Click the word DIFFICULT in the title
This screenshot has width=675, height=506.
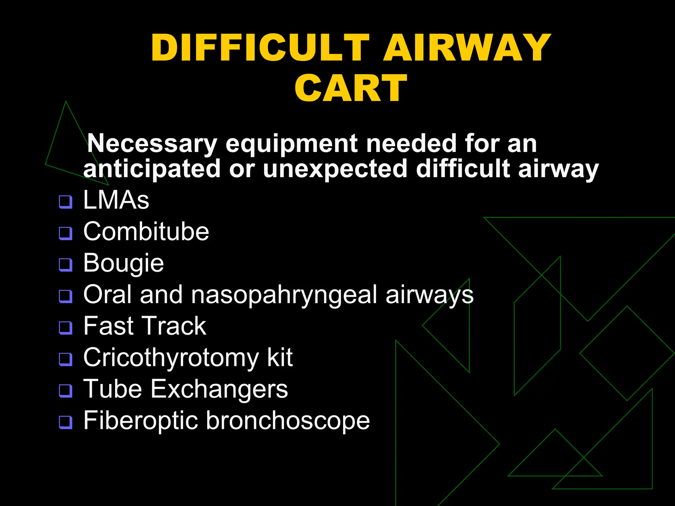click(x=260, y=48)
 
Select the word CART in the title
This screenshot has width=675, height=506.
click(x=351, y=88)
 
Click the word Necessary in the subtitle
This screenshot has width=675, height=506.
click(x=152, y=144)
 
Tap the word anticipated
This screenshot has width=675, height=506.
click(x=152, y=169)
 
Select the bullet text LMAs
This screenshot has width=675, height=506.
click(x=116, y=200)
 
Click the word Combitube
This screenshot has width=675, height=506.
click(x=146, y=231)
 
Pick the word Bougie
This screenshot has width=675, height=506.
click(x=124, y=263)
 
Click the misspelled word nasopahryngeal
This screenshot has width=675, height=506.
click(x=284, y=295)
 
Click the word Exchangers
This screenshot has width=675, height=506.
click(x=219, y=389)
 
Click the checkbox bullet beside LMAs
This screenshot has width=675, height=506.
click(x=66, y=202)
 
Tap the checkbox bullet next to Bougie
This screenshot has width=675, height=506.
click(x=66, y=265)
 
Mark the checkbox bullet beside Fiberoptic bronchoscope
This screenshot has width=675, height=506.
click(x=66, y=422)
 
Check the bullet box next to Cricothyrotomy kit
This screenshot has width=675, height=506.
click(x=66, y=359)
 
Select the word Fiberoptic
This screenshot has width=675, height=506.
click(x=140, y=421)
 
